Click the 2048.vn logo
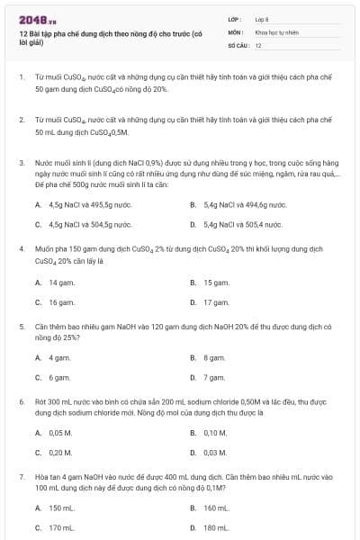point(31,19)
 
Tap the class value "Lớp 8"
point(262,19)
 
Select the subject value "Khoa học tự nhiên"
point(275,31)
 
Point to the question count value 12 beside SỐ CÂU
point(258,44)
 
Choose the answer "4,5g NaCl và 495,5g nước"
point(85,204)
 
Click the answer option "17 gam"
point(216,302)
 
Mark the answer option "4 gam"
point(59,357)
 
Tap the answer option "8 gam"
point(214,357)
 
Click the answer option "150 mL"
point(62,508)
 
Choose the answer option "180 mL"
point(217,528)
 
